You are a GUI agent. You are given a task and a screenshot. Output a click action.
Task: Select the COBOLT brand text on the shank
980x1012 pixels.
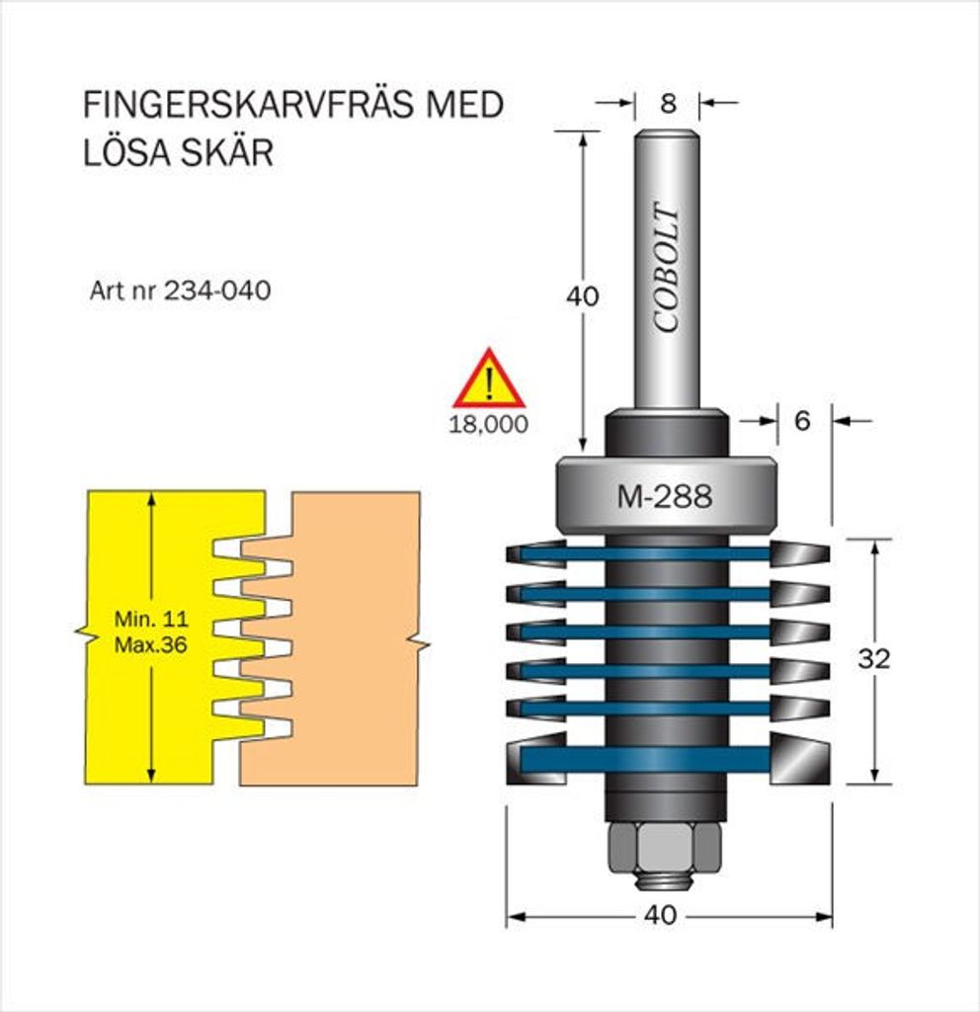pyautogui.click(x=667, y=268)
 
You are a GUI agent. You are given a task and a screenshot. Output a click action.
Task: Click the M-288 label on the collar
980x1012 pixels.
pyautogui.click(x=664, y=497)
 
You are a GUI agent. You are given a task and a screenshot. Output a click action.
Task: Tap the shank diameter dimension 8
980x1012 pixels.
pyautogui.click(x=668, y=103)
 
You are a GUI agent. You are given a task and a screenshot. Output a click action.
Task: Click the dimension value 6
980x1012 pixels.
pyautogui.click(x=801, y=421)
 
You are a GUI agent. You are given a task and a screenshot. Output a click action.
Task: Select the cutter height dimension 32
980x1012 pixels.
pyautogui.click(x=873, y=658)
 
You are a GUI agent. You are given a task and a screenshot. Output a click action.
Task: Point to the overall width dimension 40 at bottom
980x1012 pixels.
pyautogui.click(x=660, y=916)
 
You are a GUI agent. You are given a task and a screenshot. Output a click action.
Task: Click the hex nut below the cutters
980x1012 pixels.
pyautogui.click(x=664, y=847)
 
